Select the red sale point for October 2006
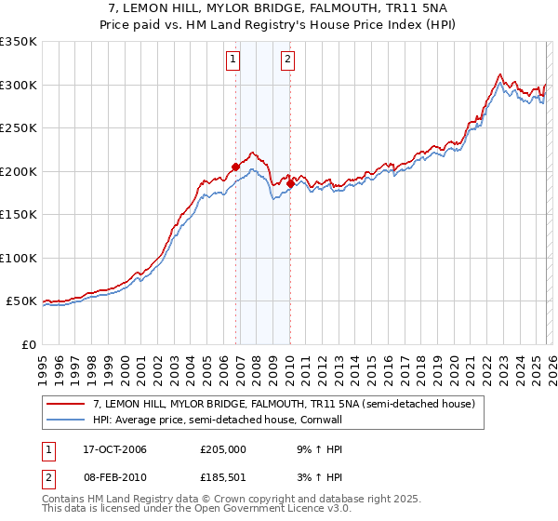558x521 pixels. click(x=235, y=167)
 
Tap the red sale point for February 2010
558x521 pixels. click(x=290, y=184)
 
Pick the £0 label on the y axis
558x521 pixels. click(x=28, y=344)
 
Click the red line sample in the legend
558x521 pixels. click(x=67, y=405)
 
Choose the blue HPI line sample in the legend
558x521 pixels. click(x=67, y=421)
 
